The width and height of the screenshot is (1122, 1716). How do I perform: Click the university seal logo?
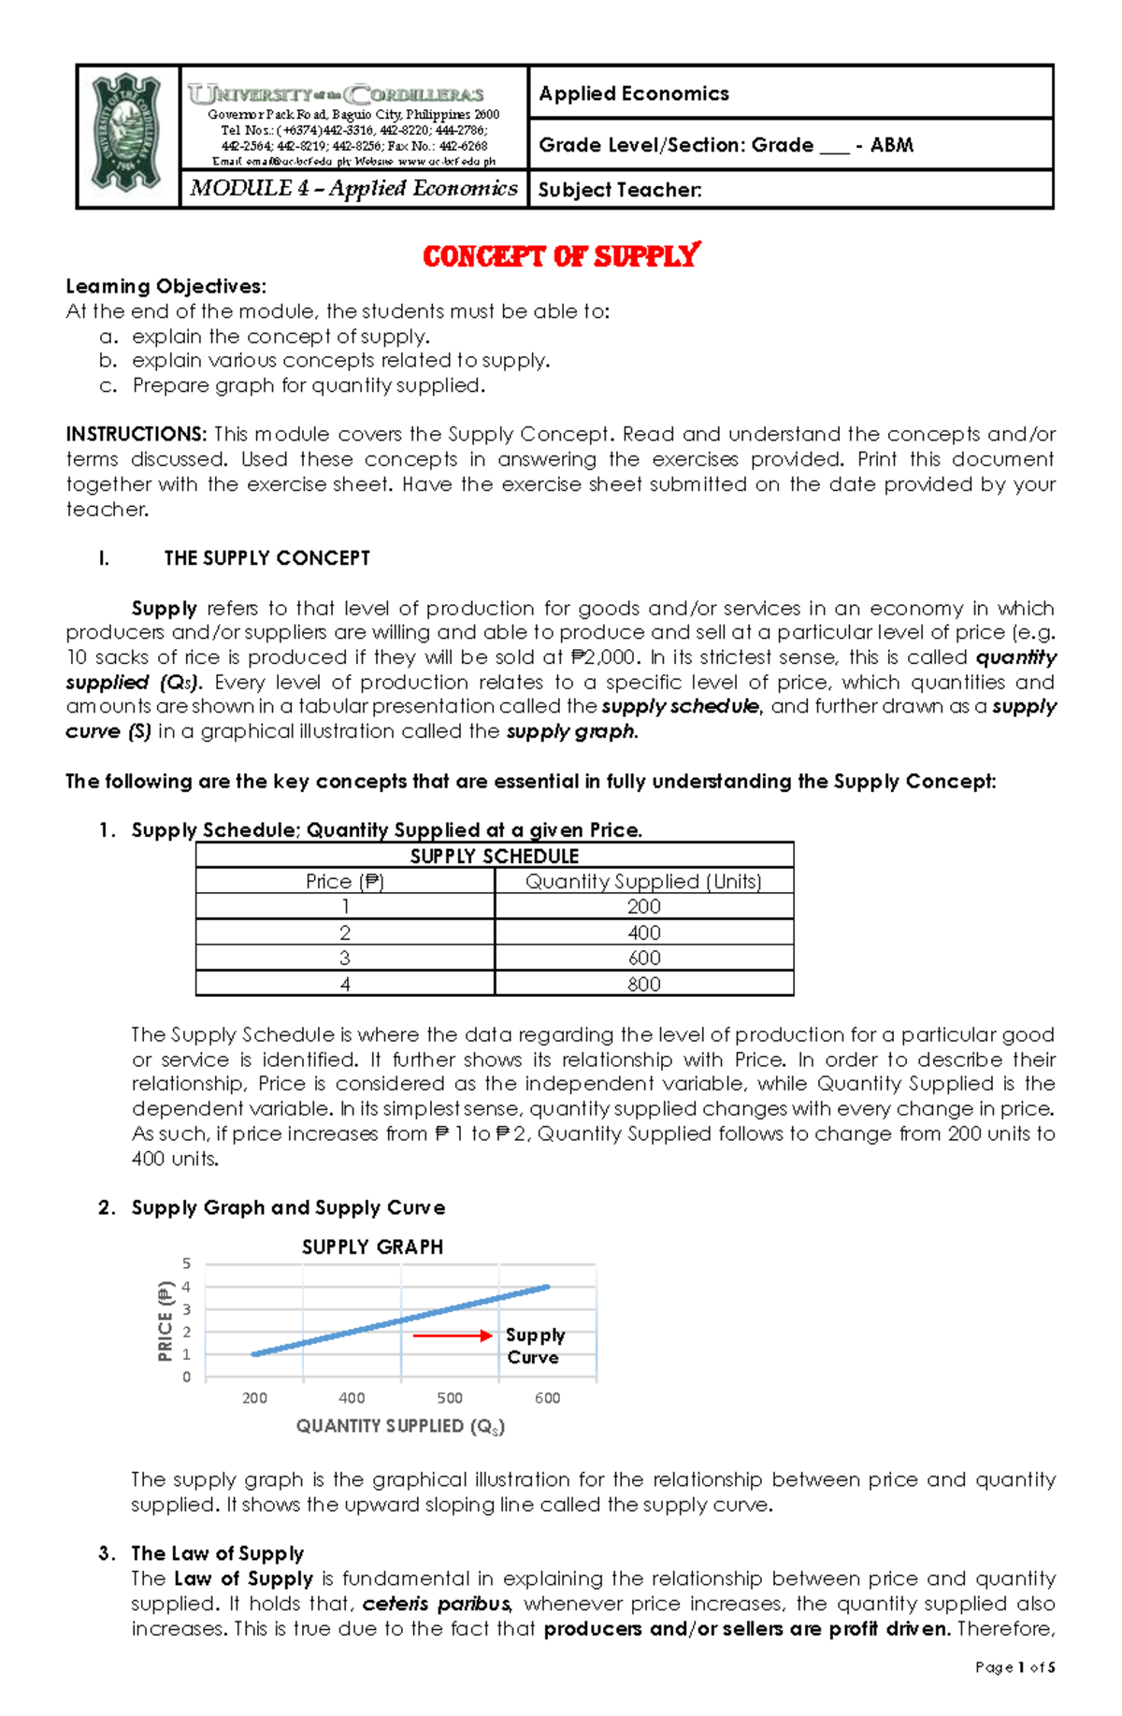tap(128, 136)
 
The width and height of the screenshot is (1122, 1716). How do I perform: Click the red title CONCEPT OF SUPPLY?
tap(561, 256)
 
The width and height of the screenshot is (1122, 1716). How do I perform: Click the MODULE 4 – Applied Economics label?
tap(353, 188)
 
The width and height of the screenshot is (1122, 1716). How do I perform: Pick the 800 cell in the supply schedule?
tap(643, 984)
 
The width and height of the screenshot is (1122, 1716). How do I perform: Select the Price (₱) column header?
tap(344, 881)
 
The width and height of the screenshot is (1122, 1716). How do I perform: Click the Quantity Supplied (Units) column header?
tap(643, 881)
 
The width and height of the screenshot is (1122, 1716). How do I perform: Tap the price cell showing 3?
tap(344, 958)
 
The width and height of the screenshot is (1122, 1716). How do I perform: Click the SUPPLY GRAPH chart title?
tap(372, 1247)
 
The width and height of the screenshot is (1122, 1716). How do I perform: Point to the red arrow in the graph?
tap(453, 1335)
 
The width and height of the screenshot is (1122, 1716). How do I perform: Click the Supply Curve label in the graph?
tap(534, 1346)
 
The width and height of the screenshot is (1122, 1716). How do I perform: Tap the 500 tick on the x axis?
tap(450, 1398)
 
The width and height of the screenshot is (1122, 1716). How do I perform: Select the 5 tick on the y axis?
tap(186, 1263)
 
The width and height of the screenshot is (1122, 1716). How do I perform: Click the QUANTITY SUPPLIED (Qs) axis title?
tap(400, 1426)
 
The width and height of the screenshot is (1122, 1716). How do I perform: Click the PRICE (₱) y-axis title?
tap(165, 1320)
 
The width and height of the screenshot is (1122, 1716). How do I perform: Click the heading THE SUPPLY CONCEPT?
tap(266, 558)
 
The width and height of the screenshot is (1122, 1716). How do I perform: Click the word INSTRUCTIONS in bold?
tap(136, 434)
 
